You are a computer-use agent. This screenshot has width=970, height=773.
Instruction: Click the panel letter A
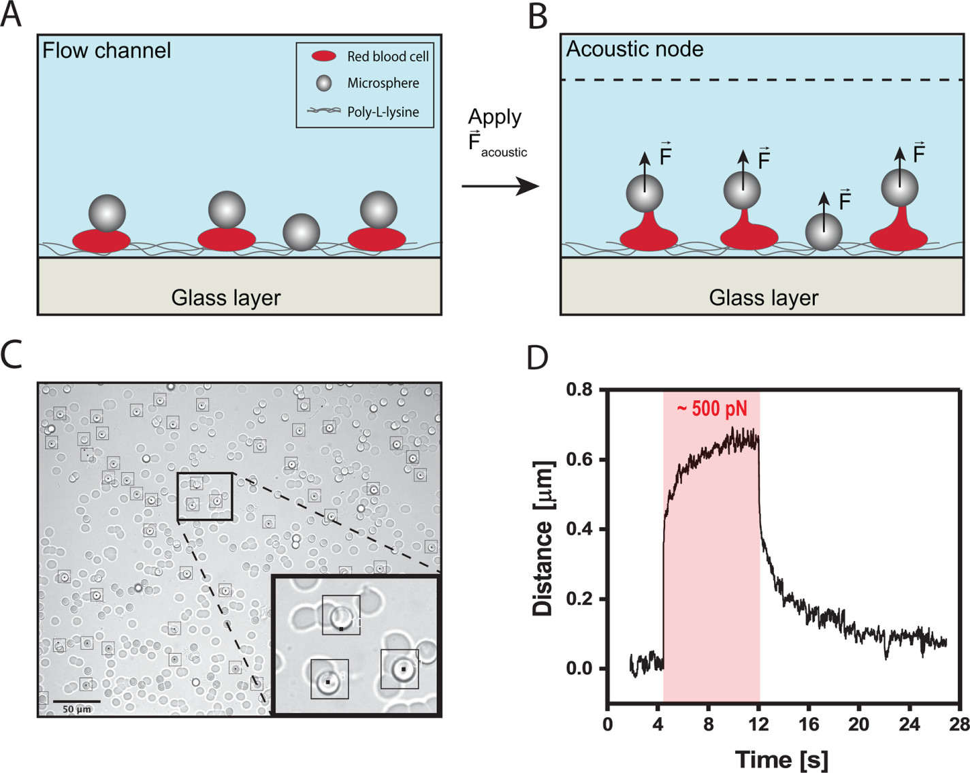click(x=11, y=15)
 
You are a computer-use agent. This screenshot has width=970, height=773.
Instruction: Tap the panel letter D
click(x=538, y=357)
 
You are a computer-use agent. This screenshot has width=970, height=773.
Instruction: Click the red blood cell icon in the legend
click(x=324, y=57)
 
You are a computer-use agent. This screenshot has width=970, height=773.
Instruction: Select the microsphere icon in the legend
click(x=324, y=83)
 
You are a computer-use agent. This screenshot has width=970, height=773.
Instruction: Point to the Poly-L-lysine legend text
click(x=383, y=112)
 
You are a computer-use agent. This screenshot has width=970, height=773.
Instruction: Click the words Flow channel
click(x=107, y=50)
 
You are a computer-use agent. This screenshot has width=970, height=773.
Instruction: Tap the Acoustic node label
click(x=634, y=49)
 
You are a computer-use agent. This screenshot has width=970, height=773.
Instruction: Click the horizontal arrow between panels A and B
click(x=500, y=185)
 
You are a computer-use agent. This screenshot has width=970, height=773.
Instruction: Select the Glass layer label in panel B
click(x=763, y=298)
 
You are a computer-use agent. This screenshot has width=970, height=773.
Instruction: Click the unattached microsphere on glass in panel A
click(x=301, y=232)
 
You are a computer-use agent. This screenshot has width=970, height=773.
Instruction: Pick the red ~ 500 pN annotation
click(x=711, y=409)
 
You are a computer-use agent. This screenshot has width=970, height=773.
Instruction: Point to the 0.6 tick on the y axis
click(x=579, y=460)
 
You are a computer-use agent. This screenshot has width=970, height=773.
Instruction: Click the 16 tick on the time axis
click(x=809, y=724)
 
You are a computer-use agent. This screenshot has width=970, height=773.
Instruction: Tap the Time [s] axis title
click(x=781, y=759)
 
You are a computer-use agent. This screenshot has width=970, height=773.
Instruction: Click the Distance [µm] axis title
click(x=543, y=539)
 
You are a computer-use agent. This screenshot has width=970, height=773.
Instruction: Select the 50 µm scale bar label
click(x=77, y=709)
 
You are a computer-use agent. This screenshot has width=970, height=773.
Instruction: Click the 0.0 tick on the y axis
click(x=579, y=669)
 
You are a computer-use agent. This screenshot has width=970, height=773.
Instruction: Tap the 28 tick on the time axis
click(x=959, y=724)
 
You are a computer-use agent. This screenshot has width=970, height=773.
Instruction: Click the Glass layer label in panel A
click(x=226, y=298)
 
